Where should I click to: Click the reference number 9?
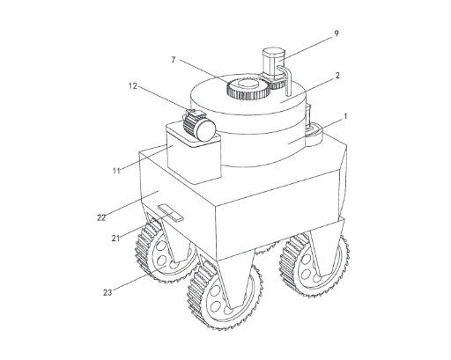coord(336,33)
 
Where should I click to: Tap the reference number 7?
coord(174,60)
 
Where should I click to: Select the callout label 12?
coord(133,86)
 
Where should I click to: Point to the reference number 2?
coord(337,76)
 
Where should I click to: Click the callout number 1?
coord(345,116)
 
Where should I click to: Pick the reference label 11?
coord(116,171)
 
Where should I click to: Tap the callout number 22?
coord(101,217)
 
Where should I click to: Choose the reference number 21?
coord(115,239)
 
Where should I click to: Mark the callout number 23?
coord(107,292)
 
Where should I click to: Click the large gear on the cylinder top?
coord(248,89)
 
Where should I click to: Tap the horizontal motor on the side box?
coord(199,125)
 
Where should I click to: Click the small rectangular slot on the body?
coord(171,213)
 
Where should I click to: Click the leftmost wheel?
coord(166,252)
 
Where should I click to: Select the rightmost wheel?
coord(314,266)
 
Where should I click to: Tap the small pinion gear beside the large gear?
coord(277,84)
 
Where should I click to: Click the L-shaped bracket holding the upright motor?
coord(285,80)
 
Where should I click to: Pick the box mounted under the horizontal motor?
coord(194,154)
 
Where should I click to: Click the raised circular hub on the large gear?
coord(248,84)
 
